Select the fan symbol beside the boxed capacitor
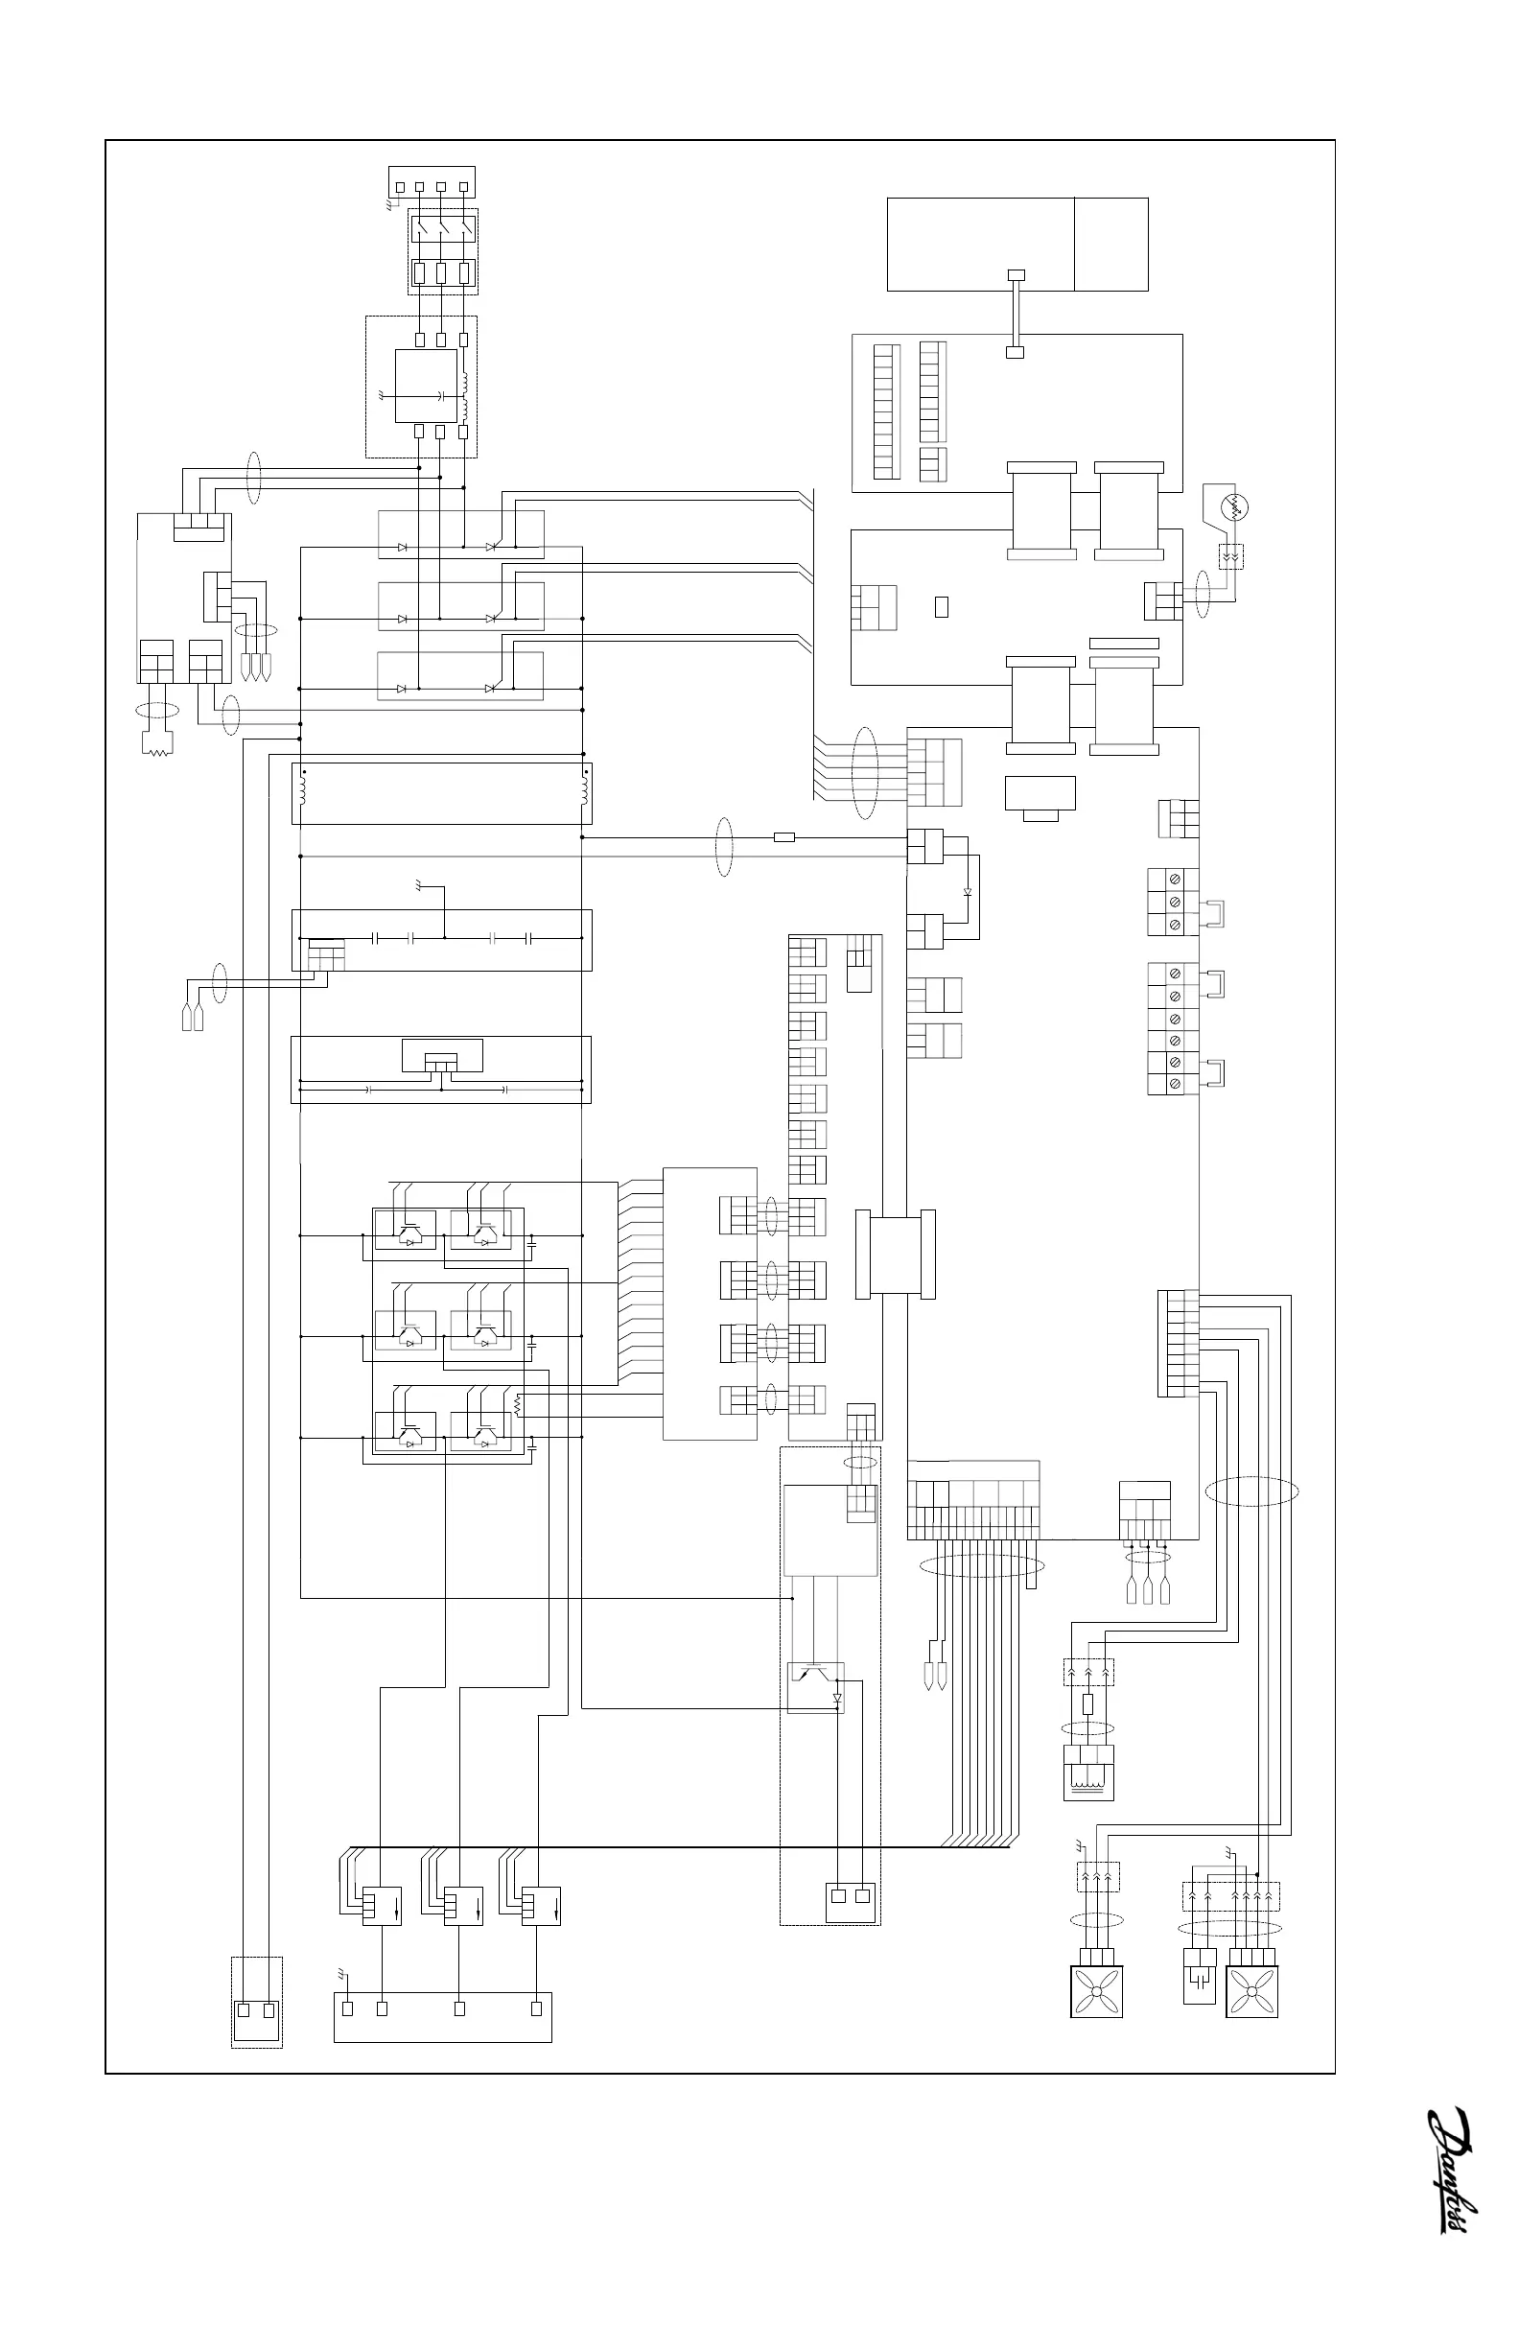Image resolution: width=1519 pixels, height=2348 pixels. tap(1250, 1991)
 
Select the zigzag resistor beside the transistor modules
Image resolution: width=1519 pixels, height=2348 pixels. tap(516, 1403)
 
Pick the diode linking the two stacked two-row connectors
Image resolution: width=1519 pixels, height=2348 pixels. tap(967, 891)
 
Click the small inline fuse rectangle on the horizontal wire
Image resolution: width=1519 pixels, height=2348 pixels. tap(784, 837)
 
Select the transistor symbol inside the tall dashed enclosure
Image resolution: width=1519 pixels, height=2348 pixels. tap(815, 1673)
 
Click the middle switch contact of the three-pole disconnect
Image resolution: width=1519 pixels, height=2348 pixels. tap(443, 228)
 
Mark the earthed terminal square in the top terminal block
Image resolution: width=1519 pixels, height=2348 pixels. tap(400, 186)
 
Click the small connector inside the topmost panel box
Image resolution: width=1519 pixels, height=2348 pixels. tap(1016, 274)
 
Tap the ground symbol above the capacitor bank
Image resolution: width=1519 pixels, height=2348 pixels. tap(421, 886)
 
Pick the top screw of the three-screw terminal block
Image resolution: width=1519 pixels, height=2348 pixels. tap(1175, 879)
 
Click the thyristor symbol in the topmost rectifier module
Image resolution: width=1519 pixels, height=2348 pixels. tap(490, 547)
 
